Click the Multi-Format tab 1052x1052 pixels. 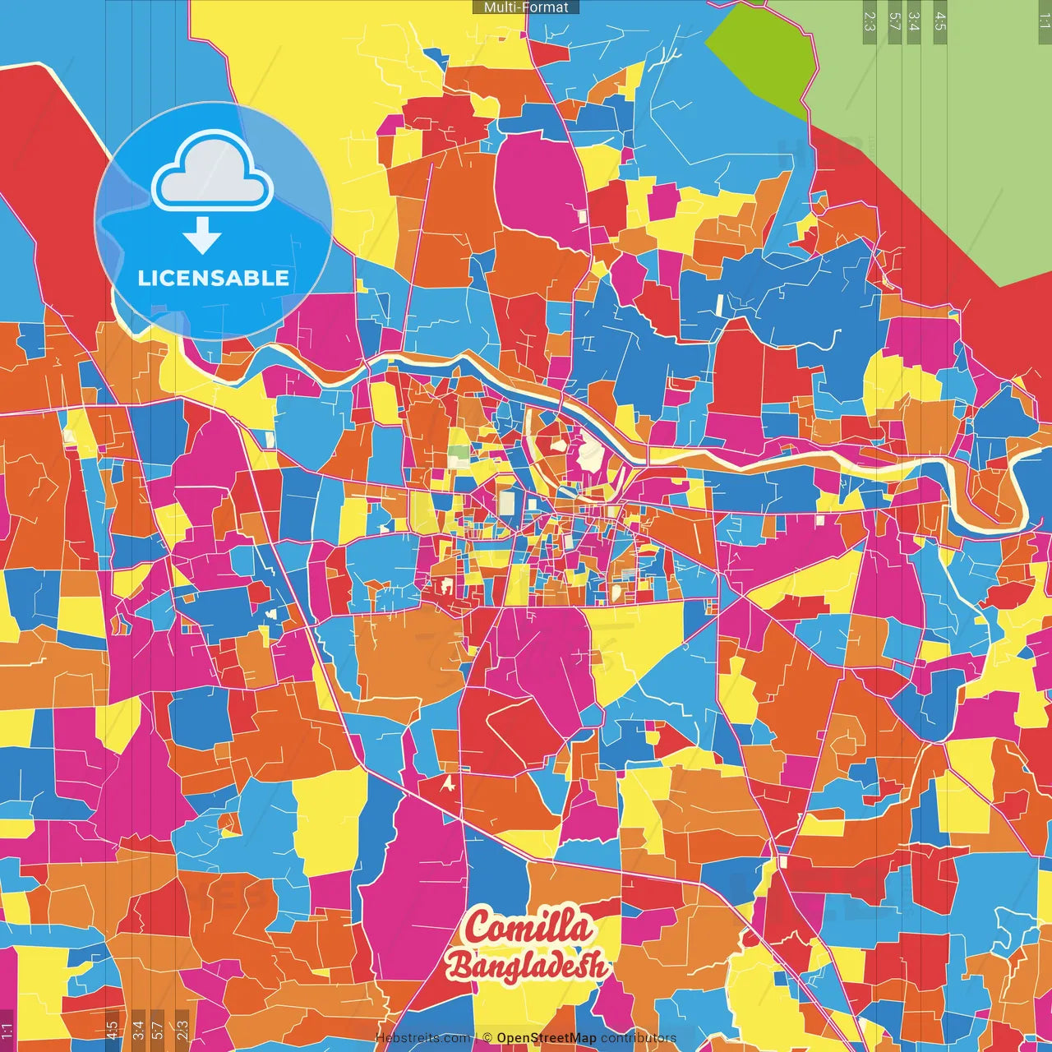pyautogui.click(x=526, y=7)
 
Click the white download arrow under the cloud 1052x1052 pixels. pyautogui.click(x=202, y=235)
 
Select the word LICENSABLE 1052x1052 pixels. pyautogui.click(x=214, y=278)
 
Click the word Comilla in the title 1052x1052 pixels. pyautogui.click(x=528, y=928)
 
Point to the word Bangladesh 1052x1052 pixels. pyautogui.click(x=527, y=966)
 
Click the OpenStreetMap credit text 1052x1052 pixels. pyautogui.click(x=547, y=1038)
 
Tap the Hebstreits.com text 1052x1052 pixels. pyautogui.click(x=422, y=1038)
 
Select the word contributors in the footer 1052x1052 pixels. pyautogui.click(x=639, y=1038)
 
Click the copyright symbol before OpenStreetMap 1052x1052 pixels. pyautogui.click(x=487, y=1038)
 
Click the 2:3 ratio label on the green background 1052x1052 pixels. pyautogui.click(x=869, y=21)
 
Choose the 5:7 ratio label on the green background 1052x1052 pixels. pyautogui.click(x=894, y=21)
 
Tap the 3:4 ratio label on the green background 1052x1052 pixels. pyautogui.click(x=914, y=21)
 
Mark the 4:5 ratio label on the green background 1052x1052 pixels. pyautogui.click(x=940, y=21)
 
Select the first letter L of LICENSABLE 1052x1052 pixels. pyautogui.click(x=143, y=278)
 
